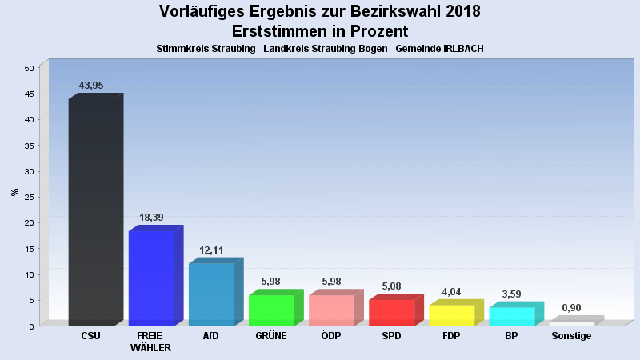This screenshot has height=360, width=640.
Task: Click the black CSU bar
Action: (x=91, y=212)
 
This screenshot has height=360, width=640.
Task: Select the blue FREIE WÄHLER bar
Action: (x=151, y=278)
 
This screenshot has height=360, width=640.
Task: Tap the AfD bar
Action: (x=211, y=294)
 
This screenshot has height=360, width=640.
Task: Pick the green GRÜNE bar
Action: (x=271, y=310)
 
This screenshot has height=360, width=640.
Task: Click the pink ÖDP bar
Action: (x=331, y=310)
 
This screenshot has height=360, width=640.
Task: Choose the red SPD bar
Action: (x=391, y=313)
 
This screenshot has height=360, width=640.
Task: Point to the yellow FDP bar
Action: (x=451, y=315)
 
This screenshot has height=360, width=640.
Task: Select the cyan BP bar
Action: (x=511, y=316)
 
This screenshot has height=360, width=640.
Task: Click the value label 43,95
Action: (x=91, y=86)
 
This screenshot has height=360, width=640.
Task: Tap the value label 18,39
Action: (x=151, y=218)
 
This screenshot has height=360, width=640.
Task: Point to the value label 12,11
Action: (x=211, y=250)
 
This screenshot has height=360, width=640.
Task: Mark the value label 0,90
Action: (x=571, y=308)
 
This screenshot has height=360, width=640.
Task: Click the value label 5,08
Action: (x=391, y=286)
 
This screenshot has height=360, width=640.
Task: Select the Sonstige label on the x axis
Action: (x=571, y=336)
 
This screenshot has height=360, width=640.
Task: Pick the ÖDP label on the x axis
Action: (x=331, y=336)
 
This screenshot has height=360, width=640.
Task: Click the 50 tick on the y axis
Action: (x=28, y=68)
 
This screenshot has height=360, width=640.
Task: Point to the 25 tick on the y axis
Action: (x=28, y=197)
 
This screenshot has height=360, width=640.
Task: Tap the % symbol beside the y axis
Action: (x=14, y=192)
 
